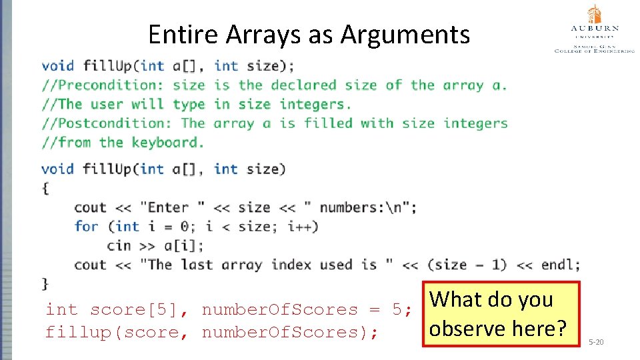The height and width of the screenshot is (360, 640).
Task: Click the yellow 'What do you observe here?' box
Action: [501, 314]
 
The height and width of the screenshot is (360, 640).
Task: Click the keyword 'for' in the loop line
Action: [86, 227]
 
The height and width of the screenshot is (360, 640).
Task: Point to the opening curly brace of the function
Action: [45, 188]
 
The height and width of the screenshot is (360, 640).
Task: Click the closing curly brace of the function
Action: [45, 284]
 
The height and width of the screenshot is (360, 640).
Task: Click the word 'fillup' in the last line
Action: [71, 333]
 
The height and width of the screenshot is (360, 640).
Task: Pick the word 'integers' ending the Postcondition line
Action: [475, 123]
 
